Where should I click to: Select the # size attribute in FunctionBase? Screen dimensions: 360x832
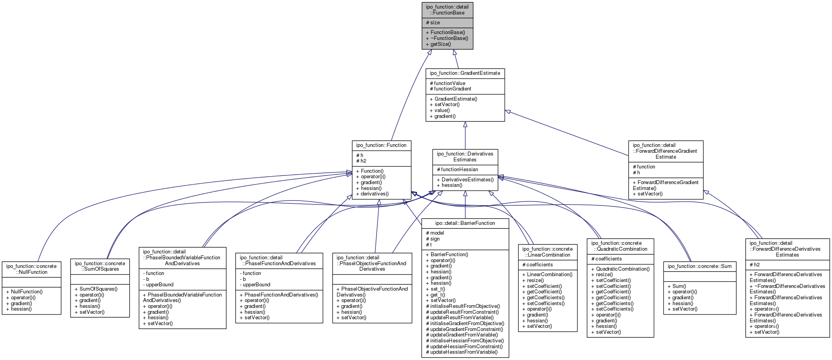(x=433, y=23)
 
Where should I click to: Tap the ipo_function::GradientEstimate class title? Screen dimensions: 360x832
(x=465, y=73)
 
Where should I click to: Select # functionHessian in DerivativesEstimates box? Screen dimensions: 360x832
(x=457, y=170)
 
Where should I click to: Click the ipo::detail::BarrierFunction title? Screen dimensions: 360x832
(x=465, y=223)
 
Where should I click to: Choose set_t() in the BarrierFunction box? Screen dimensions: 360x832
(x=438, y=289)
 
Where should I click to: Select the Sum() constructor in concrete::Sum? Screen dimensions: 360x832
(x=677, y=286)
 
